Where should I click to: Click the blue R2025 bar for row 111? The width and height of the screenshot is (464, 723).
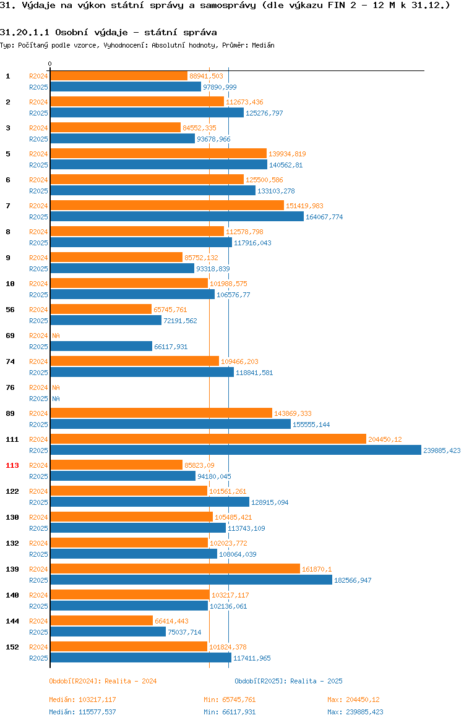tap(236, 450)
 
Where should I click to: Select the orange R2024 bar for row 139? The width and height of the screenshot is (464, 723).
tap(175, 569)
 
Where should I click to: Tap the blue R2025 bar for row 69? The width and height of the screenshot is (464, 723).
tap(101, 346)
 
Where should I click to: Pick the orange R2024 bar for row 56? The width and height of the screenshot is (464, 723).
tap(101, 310)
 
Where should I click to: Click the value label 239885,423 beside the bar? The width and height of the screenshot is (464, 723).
tap(442, 450)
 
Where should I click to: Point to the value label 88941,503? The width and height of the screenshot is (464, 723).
tap(207, 76)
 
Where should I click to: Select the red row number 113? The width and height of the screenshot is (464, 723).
tap(12, 465)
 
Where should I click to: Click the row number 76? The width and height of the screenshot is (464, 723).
tap(10, 387)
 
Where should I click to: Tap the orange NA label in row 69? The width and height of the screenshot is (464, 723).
tap(56, 336)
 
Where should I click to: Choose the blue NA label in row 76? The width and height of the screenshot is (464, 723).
tap(56, 399)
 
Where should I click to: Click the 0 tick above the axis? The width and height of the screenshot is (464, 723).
tap(50, 64)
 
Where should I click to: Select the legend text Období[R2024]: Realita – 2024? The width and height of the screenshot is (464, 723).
tap(103, 681)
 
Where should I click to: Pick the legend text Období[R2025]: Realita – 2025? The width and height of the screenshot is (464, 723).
tap(288, 681)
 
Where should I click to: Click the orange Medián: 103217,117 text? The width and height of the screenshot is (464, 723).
tap(83, 700)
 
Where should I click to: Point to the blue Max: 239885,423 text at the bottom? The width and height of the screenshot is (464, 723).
tap(355, 712)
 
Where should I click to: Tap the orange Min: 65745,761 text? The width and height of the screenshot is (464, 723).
tap(230, 700)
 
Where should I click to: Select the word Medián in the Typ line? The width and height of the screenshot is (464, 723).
tap(263, 45)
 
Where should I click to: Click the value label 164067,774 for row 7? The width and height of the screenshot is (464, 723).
tap(324, 217)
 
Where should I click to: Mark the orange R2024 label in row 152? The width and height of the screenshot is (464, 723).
tap(38, 647)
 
